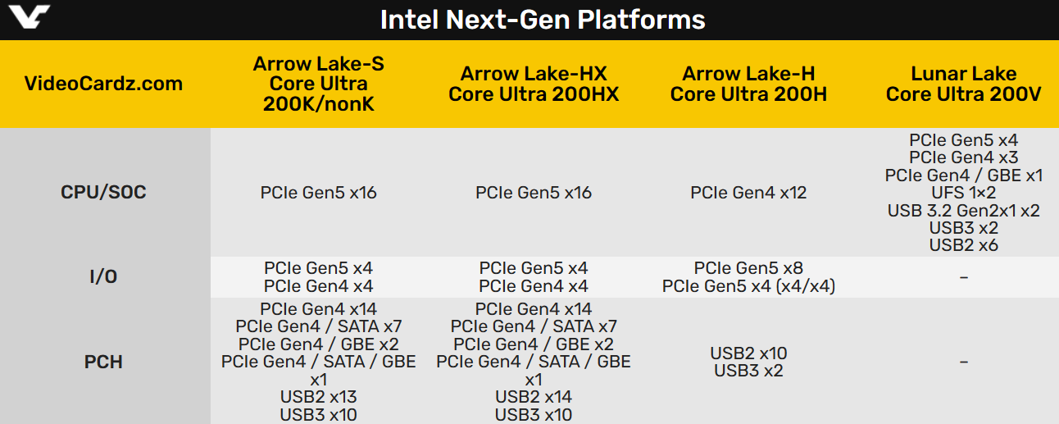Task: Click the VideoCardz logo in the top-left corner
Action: click(x=30, y=17)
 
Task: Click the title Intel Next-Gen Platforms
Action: click(x=543, y=20)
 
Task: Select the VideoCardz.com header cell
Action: click(x=103, y=84)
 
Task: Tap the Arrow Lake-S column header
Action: click(x=319, y=84)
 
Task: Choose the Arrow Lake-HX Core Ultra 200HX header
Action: click(x=534, y=84)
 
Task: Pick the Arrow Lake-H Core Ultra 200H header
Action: click(x=749, y=84)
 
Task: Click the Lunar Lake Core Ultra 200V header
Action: click(x=963, y=84)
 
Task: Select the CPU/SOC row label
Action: click(x=103, y=192)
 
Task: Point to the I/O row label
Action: click(x=103, y=277)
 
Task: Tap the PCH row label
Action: click(x=103, y=362)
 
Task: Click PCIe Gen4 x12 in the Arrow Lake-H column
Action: click(x=749, y=193)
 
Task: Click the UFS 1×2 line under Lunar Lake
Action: click(x=963, y=193)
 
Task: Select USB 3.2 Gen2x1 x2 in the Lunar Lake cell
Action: click(x=963, y=210)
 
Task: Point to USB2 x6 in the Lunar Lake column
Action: click(x=963, y=245)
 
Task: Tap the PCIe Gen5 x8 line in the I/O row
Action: click(x=749, y=268)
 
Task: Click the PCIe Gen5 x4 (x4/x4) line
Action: click(x=749, y=286)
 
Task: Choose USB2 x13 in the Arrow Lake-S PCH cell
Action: click(x=319, y=397)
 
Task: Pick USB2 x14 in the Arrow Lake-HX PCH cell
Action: click(x=534, y=397)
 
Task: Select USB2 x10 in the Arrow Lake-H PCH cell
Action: click(x=749, y=353)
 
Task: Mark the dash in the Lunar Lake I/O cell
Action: click(x=963, y=277)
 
